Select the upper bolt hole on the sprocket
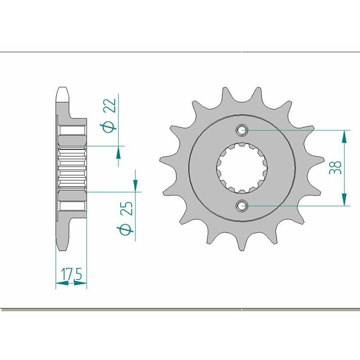243,130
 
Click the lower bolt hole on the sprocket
243,206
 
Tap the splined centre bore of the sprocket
243,168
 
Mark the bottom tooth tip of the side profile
62,246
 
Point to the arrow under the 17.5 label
63,283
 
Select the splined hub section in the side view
72,169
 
